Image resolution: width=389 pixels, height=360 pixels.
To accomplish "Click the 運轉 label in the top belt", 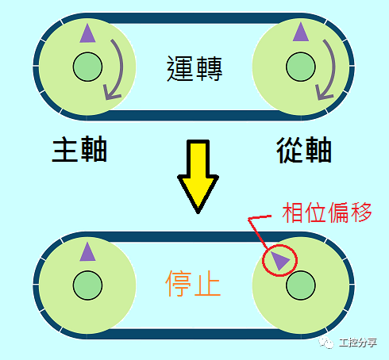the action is [194, 68].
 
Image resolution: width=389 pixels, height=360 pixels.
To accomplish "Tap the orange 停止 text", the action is [193, 284].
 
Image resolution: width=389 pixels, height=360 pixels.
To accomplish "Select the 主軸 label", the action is [79, 149].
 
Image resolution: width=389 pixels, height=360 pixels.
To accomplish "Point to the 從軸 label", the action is [304, 150].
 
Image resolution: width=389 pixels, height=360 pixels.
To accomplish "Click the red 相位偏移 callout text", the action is [327, 213].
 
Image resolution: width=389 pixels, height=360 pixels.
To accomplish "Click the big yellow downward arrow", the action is [198, 176].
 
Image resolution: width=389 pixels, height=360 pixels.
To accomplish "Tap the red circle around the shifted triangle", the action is [279, 261].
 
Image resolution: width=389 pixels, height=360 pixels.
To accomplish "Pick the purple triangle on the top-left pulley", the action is [87, 33].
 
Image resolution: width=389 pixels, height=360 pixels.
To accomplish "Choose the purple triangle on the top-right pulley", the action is [301, 32].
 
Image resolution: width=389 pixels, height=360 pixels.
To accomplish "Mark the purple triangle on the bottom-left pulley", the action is [87, 251].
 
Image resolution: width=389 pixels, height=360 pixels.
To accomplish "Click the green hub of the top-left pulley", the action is [87, 67].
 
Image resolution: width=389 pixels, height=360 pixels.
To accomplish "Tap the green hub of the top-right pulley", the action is [301, 67].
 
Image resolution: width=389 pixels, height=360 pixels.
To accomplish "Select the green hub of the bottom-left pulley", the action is [87, 285].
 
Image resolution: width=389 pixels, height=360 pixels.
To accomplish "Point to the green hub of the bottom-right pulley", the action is [301, 285].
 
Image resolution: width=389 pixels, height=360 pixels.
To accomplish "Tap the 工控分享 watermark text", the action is [358, 343].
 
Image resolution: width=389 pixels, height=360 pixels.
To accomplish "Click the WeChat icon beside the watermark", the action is [326, 343].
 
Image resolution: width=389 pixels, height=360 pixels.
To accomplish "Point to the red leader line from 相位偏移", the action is [256, 229].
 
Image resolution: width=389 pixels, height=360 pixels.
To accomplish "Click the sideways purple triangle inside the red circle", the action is [280, 261].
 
